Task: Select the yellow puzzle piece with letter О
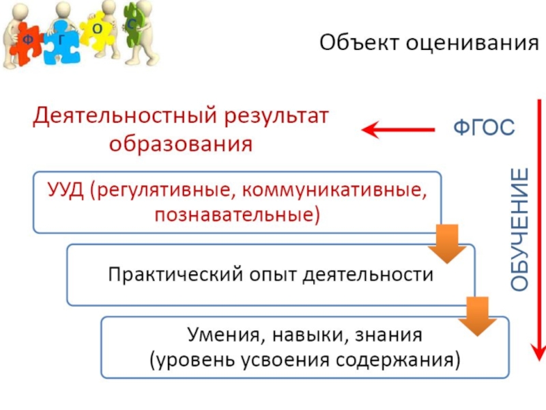(x=98, y=29)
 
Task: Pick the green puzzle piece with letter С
(x=132, y=25)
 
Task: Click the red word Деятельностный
(x=125, y=115)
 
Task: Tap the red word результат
(x=276, y=115)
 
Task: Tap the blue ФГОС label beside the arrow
(x=485, y=128)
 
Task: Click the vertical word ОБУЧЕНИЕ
(x=520, y=229)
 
